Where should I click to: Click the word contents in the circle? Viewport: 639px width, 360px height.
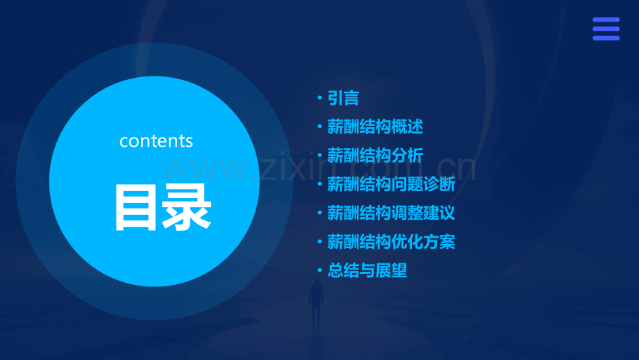tap(156, 141)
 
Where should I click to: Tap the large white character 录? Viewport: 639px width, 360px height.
tap(187, 207)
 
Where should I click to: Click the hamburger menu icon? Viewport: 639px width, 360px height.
tap(606, 29)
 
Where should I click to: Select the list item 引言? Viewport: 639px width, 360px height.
tap(343, 98)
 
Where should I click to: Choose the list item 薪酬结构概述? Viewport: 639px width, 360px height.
tap(375, 126)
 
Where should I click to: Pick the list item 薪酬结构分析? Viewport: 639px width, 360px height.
tap(375, 156)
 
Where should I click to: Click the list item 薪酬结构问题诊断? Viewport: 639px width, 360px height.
tap(391, 184)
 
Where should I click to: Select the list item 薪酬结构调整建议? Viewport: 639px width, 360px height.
tap(391, 213)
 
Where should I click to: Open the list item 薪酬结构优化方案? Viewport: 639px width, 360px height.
tap(391, 242)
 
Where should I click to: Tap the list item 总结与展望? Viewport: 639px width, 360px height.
tap(367, 270)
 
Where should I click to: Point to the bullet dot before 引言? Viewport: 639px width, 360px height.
tap(319, 97)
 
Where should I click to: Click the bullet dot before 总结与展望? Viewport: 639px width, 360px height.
tap(319, 270)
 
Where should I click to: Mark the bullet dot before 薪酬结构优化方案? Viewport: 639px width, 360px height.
tap(319, 241)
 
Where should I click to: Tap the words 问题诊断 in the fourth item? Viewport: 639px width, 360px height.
tap(424, 184)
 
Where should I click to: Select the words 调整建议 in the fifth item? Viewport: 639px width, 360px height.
tap(424, 213)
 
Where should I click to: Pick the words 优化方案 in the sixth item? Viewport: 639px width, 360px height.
tap(424, 242)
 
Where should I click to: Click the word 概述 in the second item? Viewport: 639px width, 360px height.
tap(408, 126)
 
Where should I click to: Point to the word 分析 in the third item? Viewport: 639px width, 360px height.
tap(408, 156)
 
